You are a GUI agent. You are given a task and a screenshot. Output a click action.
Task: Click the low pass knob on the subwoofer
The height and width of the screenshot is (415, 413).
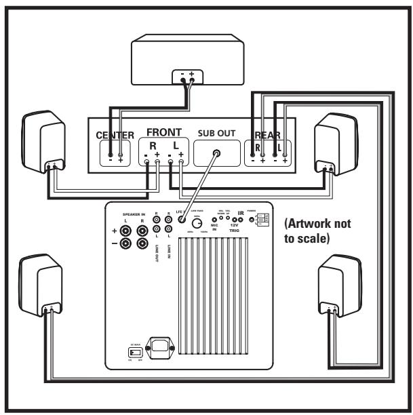point(197,222)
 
